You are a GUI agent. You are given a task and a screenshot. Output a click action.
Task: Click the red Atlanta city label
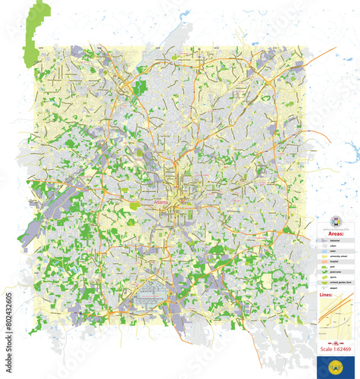click(161, 203)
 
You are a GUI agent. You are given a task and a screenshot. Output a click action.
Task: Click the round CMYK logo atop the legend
click(337, 221)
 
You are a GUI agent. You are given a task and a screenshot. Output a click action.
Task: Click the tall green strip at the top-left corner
click(33, 34)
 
